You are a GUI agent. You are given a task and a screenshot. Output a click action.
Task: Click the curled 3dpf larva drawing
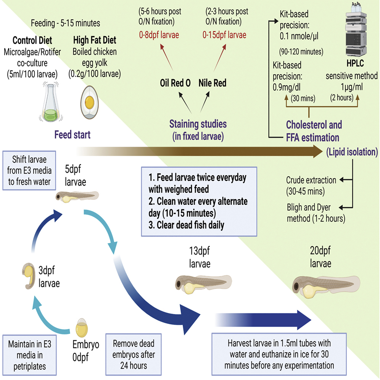pyautogui.click(x=27, y=274)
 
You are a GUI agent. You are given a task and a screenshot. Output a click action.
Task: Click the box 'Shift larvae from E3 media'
pyautogui.click(x=27, y=171)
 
